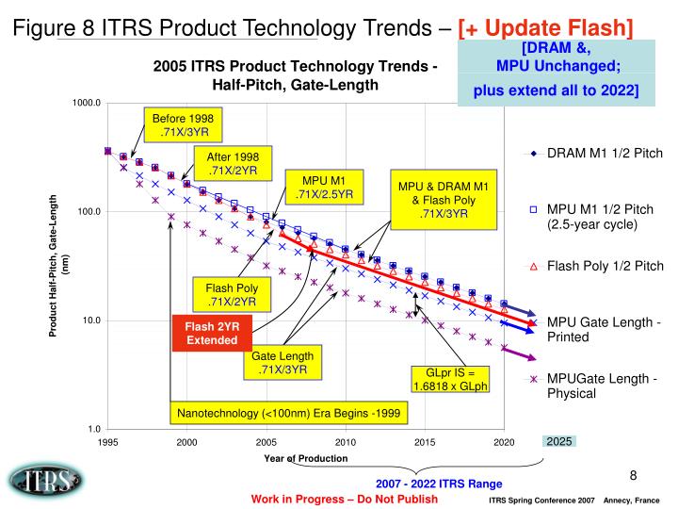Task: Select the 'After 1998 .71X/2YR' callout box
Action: tap(226, 163)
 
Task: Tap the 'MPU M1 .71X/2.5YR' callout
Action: tap(323, 188)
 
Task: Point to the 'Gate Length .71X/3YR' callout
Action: tap(282, 363)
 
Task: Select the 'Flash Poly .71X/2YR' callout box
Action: tap(226, 294)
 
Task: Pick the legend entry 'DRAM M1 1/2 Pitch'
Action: tap(604, 154)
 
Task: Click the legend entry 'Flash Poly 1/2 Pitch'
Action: tap(604, 267)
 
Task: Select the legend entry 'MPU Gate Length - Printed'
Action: tap(604, 331)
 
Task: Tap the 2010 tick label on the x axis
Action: tap(345, 441)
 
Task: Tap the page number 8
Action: tap(634, 475)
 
